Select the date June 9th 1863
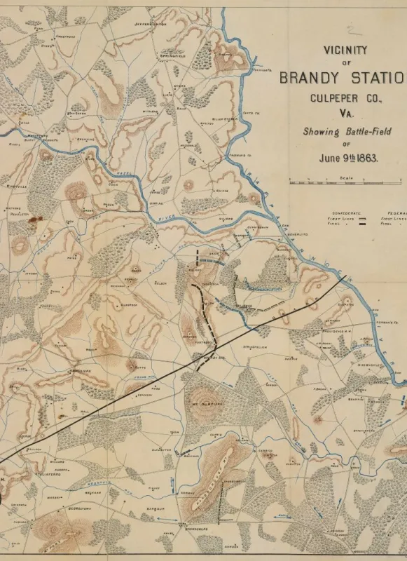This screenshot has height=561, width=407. [x=348, y=158]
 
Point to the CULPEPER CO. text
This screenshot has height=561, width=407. [x=346, y=98]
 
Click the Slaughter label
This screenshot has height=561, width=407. [x=160, y=450]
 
